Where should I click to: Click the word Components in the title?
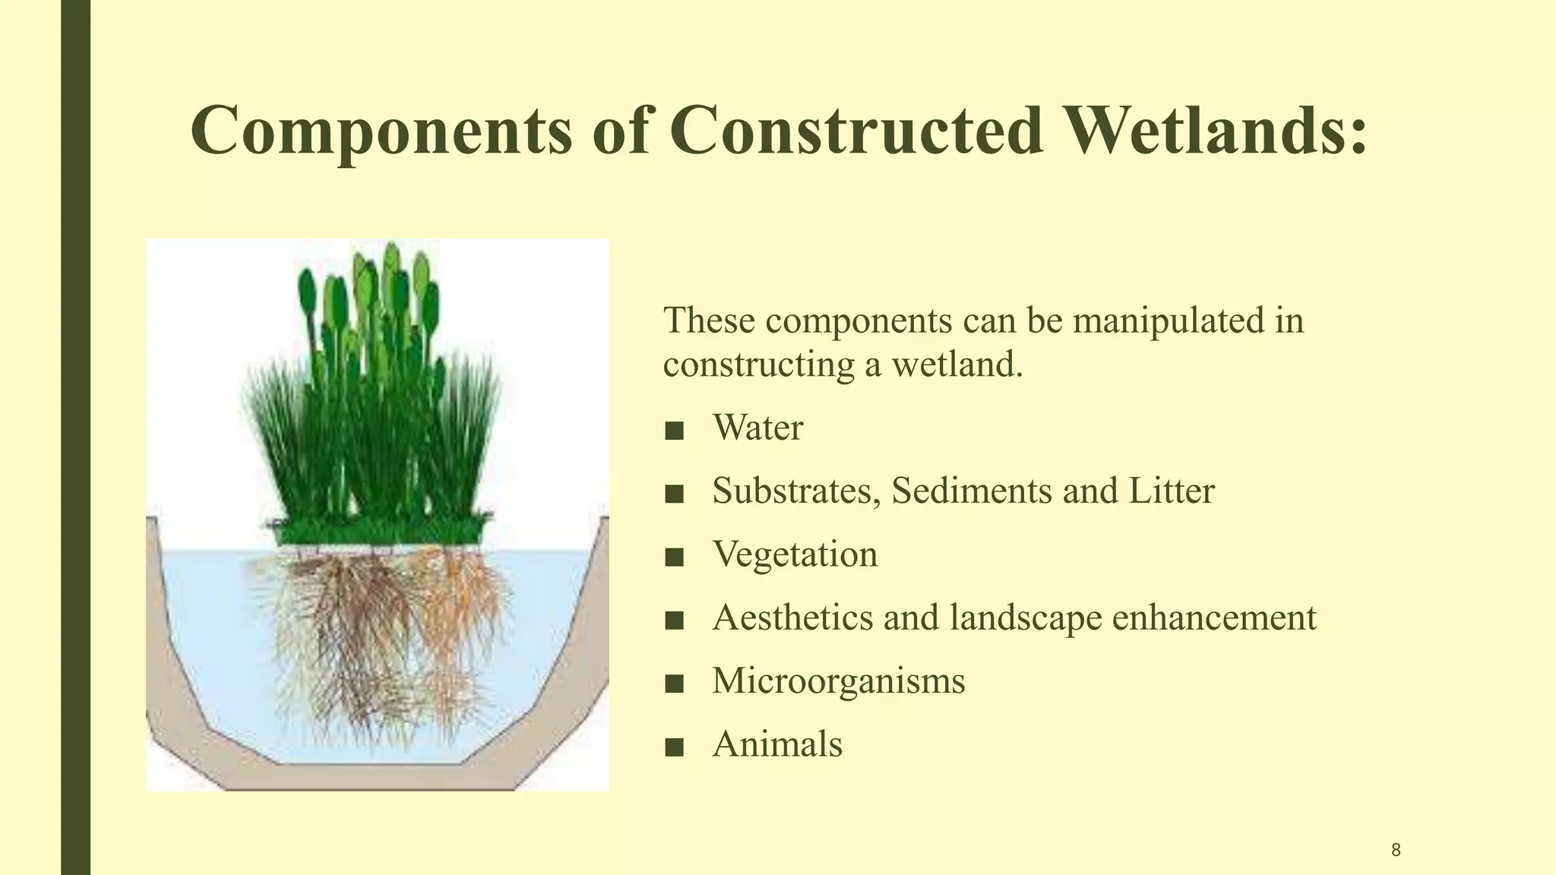[x=381, y=131]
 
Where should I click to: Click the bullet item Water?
[x=757, y=428]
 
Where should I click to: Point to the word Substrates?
[x=795, y=491]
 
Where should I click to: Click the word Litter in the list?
[x=1171, y=491]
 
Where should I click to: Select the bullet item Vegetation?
[x=795, y=554]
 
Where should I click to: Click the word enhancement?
[x=1213, y=618]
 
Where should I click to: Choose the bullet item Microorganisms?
[x=838, y=681]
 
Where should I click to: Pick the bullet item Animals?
[x=777, y=744]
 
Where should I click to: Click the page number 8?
[x=1396, y=850]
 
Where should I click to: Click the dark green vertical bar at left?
[x=75, y=437]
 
